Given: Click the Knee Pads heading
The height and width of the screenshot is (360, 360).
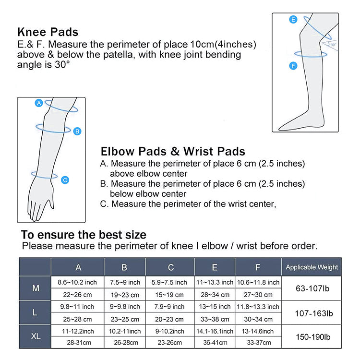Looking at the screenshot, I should tap(48, 33).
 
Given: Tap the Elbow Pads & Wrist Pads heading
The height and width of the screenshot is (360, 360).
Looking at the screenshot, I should tap(173, 152).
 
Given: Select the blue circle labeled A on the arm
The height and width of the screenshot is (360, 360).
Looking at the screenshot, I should tap(39, 103).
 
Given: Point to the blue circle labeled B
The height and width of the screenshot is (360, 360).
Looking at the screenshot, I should tap(78, 131).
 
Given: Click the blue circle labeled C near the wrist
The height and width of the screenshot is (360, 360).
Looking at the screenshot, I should tap(66, 180).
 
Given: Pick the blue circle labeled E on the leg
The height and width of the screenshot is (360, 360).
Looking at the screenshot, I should tap(293, 20).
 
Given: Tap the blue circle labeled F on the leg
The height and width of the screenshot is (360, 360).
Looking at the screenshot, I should tap(293, 66).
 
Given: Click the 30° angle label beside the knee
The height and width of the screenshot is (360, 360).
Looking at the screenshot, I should tap(334, 44).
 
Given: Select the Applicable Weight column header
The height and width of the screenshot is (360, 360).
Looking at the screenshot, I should tap(312, 267).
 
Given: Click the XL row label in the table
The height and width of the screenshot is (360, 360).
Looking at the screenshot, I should tap(35, 336).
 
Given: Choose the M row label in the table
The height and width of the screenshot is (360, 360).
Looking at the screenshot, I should tap(35, 288).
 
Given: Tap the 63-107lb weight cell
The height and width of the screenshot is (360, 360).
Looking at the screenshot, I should tap(312, 288).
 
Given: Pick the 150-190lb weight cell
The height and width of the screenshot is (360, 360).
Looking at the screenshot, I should tap(312, 336).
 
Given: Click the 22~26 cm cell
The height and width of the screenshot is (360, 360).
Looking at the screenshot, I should tap(77, 295).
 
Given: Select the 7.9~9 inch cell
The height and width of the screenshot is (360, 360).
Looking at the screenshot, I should tap(170, 306).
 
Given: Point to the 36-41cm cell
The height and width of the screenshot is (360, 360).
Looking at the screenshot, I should tap(215, 343).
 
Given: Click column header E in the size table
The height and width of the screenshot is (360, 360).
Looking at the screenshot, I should tap(215, 267).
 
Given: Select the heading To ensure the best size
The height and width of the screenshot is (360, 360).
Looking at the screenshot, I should tap(84, 235).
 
